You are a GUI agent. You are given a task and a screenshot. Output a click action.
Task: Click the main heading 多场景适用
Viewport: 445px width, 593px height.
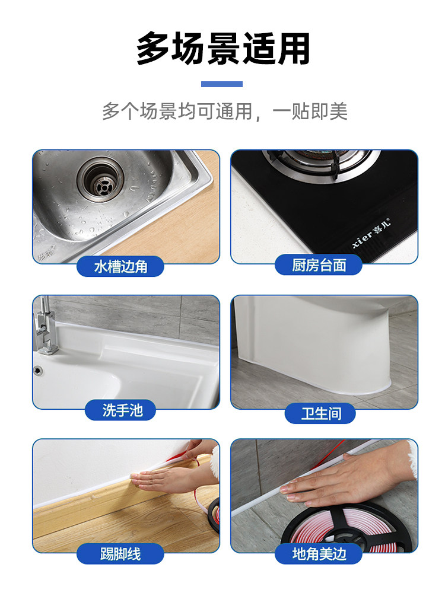click(x=223, y=49)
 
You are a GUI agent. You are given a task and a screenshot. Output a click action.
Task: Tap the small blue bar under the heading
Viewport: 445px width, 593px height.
click(x=222, y=84)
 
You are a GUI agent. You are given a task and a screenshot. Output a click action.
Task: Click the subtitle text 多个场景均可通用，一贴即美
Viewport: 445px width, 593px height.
click(x=224, y=111)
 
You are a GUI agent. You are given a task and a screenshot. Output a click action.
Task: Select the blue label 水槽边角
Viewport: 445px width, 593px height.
click(x=120, y=266)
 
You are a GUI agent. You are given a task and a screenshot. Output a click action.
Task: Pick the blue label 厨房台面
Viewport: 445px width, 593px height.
click(x=319, y=265)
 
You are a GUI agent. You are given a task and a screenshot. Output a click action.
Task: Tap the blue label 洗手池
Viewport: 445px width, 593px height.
click(x=122, y=410)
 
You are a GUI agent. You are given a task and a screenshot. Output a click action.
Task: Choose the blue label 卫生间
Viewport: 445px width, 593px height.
click(x=320, y=413)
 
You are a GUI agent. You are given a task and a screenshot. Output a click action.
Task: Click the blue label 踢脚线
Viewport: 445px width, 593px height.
click(x=120, y=554)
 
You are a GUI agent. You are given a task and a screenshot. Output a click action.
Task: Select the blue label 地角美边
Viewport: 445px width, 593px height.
click(x=319, y=554)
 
